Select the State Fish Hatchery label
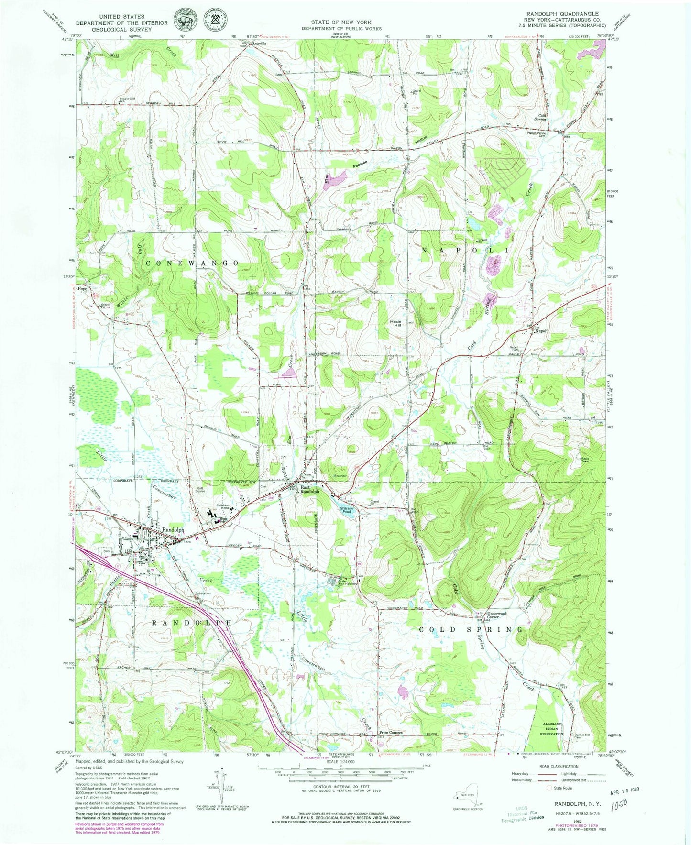point(339,582)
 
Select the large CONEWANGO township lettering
point(192,263)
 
